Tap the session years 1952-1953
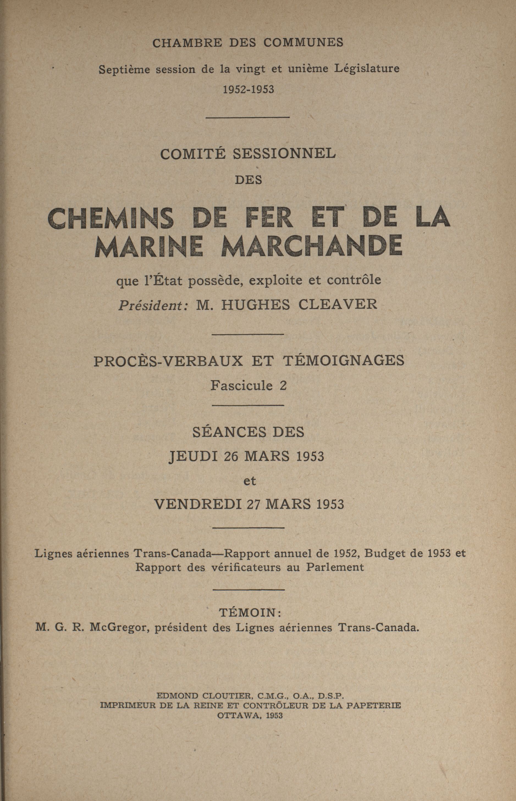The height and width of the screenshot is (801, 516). [x=249, y=89]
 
